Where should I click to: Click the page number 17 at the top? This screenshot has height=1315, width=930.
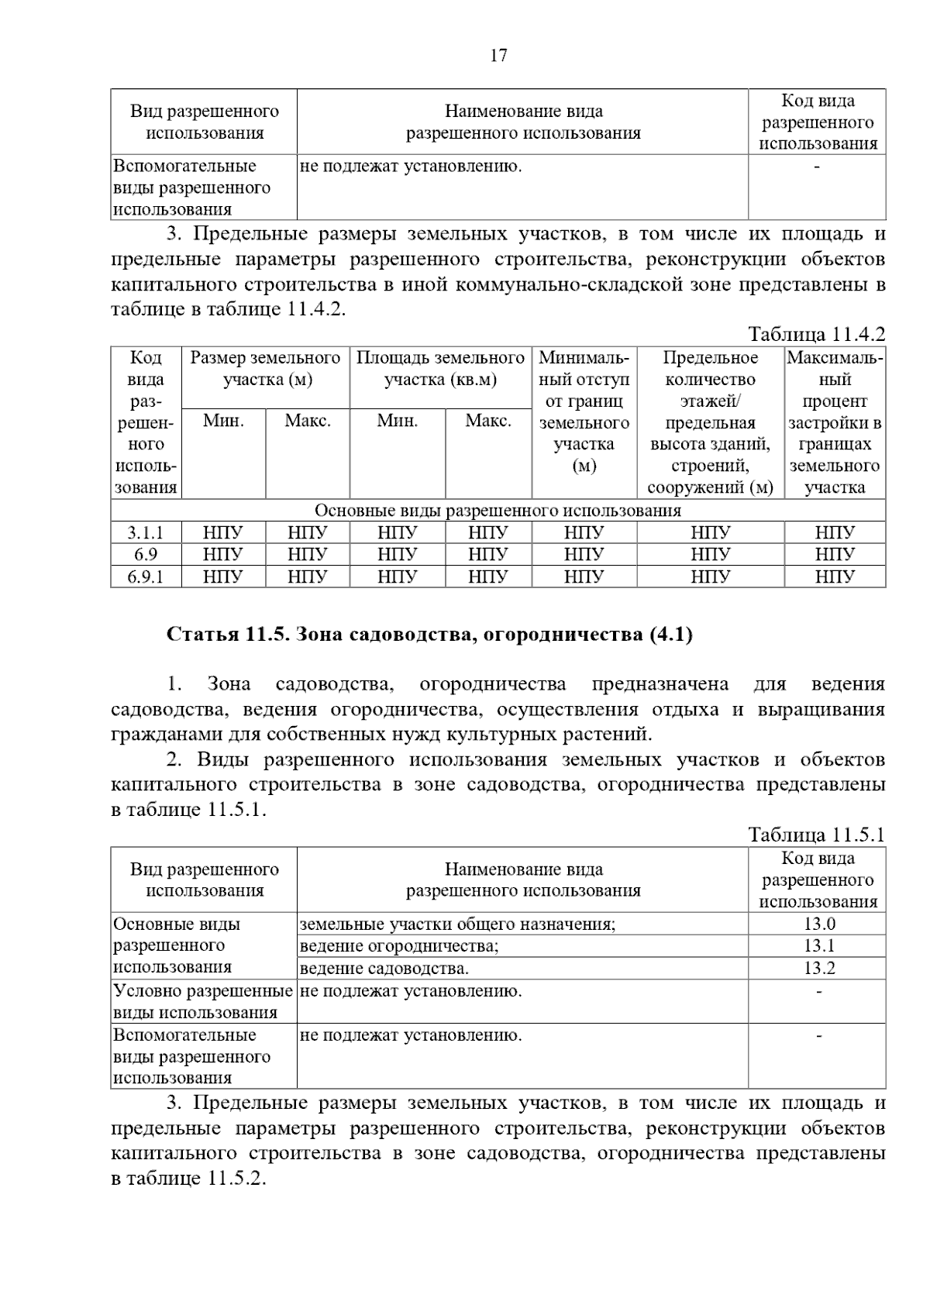[x=498, y=56]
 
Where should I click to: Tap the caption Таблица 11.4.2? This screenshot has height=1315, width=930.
[x=816, y=335]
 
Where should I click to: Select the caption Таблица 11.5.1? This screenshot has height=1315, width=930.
[x=816, y=835]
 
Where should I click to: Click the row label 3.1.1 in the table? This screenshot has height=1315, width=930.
[x=146, y=533]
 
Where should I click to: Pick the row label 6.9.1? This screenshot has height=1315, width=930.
[x=146, y=577]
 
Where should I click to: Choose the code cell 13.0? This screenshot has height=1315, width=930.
[x=818, y=924]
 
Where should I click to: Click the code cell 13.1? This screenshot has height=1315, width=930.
[x=818, y=945]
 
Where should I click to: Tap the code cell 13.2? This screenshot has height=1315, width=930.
[x=818, y=968]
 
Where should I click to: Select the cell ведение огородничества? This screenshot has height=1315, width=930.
[x=399, y=946]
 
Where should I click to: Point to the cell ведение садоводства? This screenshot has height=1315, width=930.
[x=384, y=969]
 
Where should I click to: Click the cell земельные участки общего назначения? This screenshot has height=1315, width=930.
[x=457, y=924]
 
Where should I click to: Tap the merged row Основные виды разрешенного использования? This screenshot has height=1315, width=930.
[x=498, y=511]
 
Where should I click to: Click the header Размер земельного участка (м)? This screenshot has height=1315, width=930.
[x=266, y=369]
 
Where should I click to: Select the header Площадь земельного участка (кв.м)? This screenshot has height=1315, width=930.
[x=440, y=369]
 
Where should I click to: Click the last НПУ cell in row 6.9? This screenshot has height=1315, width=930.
[x=834, y=555]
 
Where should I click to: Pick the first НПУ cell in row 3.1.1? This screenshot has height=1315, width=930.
[x=223, y=533]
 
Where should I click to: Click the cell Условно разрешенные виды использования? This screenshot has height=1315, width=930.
[x=203, y=1001]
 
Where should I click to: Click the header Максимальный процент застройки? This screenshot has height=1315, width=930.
[x=835, y=422]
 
